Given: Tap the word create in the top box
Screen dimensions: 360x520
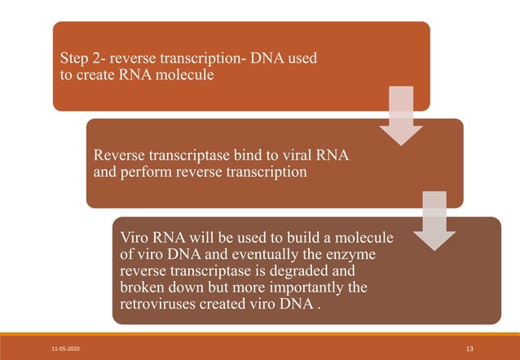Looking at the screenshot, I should (x=96, y=77).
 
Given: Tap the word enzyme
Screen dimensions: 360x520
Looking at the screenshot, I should (x=355, y=255).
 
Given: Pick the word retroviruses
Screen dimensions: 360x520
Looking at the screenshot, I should (x=160, y=305).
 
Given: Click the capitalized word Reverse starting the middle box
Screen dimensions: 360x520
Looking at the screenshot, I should (x=121, y=156).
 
